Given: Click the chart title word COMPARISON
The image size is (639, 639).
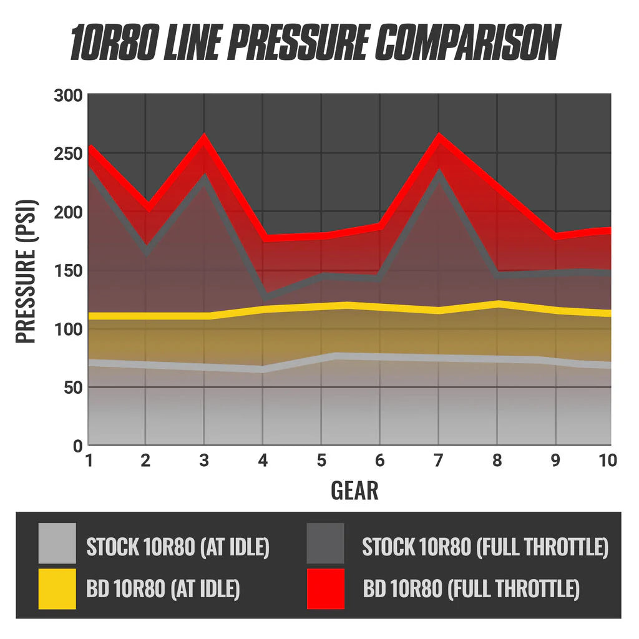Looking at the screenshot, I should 469,44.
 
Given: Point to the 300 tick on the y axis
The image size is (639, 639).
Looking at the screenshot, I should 67,95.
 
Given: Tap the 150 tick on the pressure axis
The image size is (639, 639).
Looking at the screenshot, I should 67,271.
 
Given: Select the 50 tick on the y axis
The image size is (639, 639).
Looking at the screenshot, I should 72,388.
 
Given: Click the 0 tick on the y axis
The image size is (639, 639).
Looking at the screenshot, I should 77,446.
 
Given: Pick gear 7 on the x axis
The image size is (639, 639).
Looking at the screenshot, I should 439,461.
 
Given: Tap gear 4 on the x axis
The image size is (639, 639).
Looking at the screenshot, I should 263,461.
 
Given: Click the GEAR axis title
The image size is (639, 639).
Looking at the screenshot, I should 354,490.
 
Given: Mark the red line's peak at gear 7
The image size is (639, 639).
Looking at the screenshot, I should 439,138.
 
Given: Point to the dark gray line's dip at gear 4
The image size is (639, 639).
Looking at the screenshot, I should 265,295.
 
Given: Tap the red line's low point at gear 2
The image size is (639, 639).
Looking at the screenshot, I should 147,207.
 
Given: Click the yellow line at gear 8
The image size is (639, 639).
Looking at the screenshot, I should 497,305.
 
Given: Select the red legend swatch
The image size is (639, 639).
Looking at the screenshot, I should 325,588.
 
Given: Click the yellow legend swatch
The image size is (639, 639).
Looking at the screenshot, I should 57,588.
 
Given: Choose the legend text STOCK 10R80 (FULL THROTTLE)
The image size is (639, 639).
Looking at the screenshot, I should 485,547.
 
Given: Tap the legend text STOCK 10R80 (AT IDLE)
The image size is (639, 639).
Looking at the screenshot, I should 178,547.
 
